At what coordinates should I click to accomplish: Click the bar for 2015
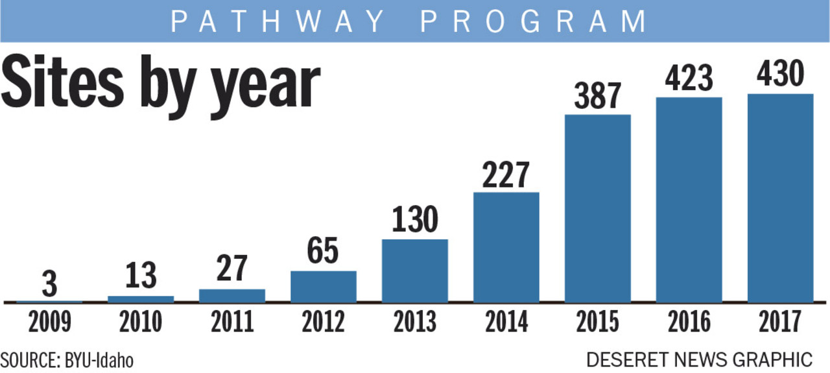[597, 208]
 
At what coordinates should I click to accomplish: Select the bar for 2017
[780, 198]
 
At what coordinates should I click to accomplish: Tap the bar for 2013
[414, 271]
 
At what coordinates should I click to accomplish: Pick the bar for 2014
[506, 247]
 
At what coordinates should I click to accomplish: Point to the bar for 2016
[689, 200]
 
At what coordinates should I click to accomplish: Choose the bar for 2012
[323, 286]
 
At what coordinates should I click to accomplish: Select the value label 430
[780, 76]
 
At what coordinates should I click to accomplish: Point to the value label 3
[49, 284]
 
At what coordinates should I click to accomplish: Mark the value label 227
[506, 174]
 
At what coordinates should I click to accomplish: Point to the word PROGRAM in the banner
[533, 21]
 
